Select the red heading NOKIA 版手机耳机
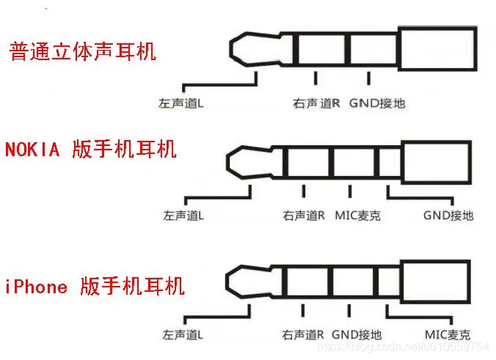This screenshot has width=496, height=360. [x=91, y=150]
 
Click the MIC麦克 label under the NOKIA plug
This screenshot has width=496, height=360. [x=357, y=216]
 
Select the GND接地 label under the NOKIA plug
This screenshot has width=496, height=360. [x=448, y=216]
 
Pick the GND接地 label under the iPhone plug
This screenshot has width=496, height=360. [x=357, y=334]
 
